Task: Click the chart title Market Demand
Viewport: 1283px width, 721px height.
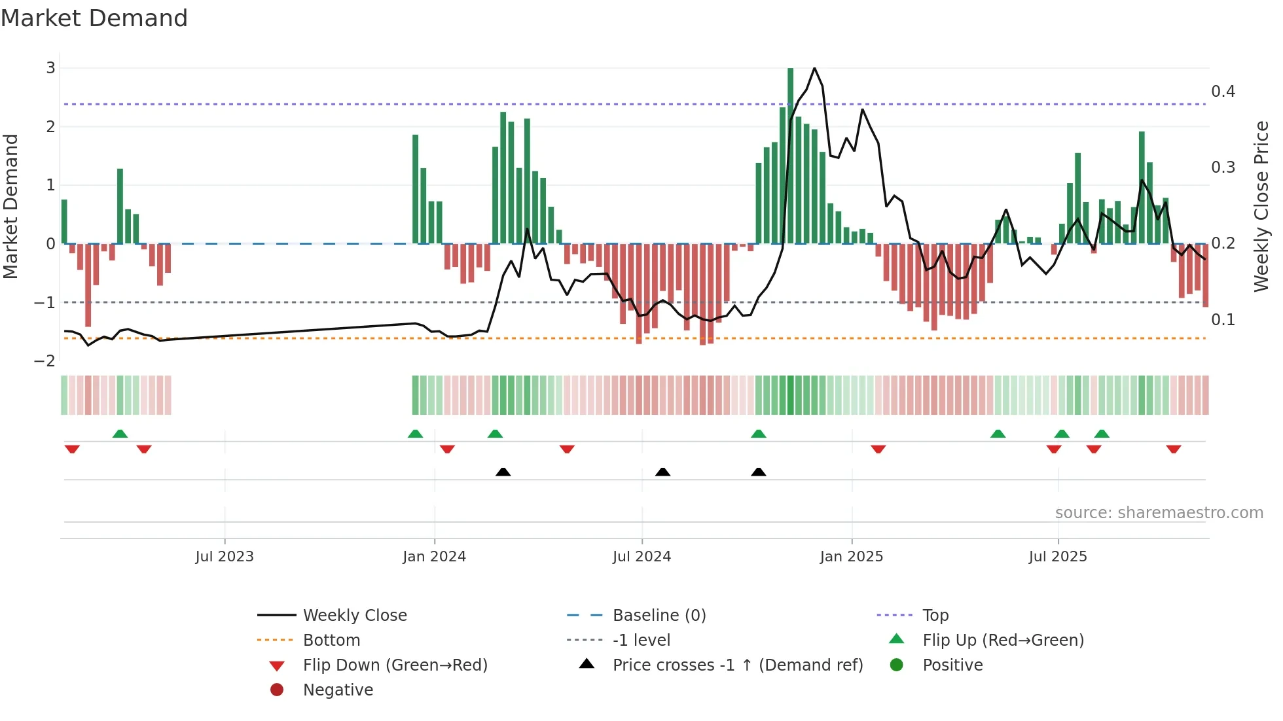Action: point(94,18)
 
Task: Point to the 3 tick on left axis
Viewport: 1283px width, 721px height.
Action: point(50,68)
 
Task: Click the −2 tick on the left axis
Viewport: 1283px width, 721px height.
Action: point(45,361)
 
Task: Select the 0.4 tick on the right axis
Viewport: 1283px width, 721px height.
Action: point(1223,92)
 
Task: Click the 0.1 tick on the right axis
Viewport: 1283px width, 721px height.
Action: point(1223,320)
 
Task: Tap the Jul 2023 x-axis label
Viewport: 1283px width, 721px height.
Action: point(225,557)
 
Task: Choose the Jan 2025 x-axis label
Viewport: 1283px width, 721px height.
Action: point(851,557)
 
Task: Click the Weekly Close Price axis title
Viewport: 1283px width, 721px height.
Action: point(1261,206)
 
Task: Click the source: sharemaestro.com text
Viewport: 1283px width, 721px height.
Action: point(1159,513)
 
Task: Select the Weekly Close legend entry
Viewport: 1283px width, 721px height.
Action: point(354,616)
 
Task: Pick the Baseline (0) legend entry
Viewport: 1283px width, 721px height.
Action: point(659,616)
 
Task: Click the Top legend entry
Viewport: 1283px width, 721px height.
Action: point(935,616)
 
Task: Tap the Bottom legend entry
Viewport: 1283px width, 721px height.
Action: point(331,641)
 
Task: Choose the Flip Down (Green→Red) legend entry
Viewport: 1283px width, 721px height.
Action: point(395,665)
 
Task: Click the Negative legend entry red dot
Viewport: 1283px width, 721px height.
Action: point(277,690)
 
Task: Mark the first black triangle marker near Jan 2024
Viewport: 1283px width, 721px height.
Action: point(503,472)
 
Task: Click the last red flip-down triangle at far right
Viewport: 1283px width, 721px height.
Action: point(1173,449)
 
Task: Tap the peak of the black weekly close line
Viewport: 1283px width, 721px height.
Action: point(814,68)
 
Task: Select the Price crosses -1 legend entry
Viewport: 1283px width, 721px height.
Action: point(737,665)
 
